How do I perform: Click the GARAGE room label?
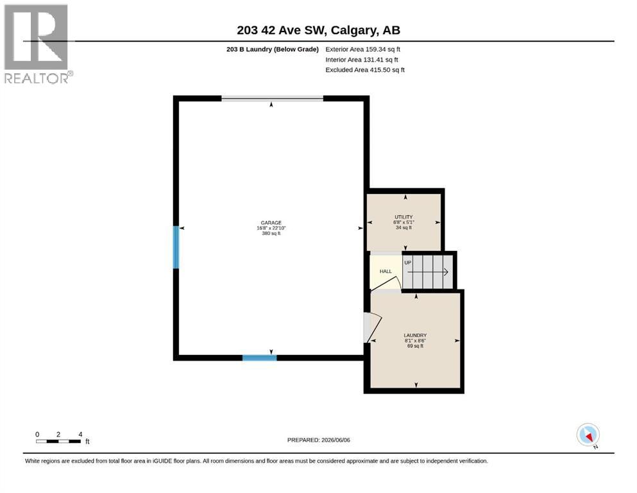271,223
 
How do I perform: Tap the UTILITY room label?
403,217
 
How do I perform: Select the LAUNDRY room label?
415,335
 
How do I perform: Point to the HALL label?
386,271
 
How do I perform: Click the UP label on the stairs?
408,263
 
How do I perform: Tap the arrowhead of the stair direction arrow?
446,272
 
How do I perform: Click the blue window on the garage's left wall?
176,247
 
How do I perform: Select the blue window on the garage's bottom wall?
260,358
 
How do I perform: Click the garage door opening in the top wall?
272,98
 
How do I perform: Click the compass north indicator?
588,435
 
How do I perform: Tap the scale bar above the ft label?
58,441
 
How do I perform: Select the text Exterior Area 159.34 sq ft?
363,49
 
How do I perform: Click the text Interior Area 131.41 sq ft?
362,59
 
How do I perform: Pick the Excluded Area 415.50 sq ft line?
365,69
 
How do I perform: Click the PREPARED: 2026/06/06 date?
318,440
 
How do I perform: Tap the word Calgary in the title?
353,30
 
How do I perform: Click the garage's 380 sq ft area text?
271,233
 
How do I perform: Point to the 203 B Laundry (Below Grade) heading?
273,49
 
